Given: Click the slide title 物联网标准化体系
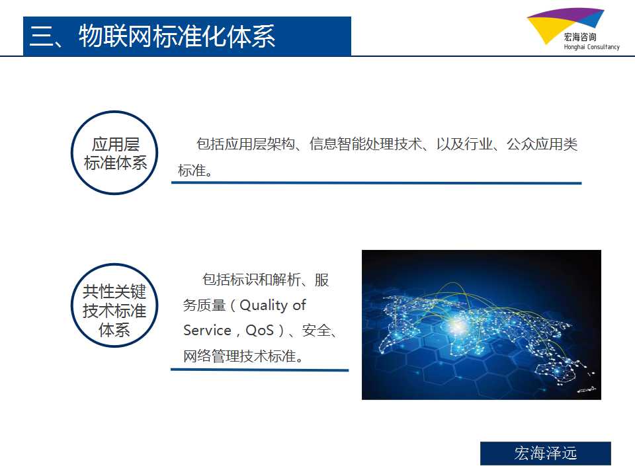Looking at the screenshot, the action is [x=177, y=36].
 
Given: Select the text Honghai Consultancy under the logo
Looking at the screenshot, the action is [x=591, y=47].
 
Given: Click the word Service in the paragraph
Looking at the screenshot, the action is [x=207, y=331].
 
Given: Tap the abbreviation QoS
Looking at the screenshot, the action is [x=260, y=331].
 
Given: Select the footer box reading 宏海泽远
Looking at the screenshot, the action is [x=546, y=454].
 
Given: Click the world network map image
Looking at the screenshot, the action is [x=482, y=325].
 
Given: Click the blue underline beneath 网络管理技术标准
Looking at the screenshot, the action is [x=259, y=370].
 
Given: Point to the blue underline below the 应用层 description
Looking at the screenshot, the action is [x=376, y=183].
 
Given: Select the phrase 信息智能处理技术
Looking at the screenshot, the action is [x=366, y=144].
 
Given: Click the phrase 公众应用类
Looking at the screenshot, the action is [x=542, y=144].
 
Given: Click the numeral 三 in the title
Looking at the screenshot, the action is [x=42, y=36].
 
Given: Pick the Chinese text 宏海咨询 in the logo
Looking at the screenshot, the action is [x=580, y=37].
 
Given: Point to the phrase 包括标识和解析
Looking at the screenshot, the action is [x=251, y=280].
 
